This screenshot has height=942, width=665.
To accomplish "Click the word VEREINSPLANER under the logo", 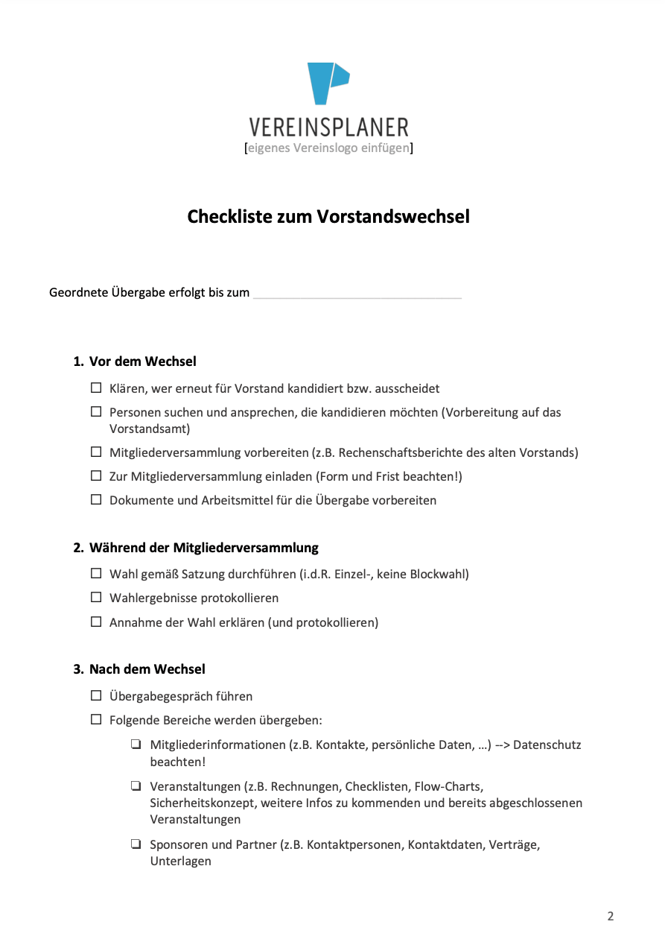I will point(328,127).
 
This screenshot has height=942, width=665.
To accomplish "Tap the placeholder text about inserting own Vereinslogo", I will point(328,148).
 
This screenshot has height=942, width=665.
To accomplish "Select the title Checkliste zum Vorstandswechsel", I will point(328,217).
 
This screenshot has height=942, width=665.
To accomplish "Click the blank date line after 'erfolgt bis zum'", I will point(357,294).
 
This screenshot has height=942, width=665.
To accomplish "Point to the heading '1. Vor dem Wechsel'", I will point(135,361).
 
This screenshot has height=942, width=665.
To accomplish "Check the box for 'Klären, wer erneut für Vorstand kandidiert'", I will point(96,388).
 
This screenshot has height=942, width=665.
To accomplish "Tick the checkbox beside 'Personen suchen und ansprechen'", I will point(96,412).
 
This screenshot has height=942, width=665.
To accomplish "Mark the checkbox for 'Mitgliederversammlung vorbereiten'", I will point(96,452).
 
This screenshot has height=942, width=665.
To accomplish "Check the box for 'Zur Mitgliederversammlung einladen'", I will point(96,476).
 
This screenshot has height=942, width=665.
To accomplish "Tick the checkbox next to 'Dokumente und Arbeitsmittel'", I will point(96,500).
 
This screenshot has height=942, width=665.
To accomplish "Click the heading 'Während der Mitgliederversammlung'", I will point(203,548).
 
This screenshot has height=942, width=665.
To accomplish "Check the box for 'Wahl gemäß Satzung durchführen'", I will point(96,574).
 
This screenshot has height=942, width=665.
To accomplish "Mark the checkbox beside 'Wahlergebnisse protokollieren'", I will point(96,598).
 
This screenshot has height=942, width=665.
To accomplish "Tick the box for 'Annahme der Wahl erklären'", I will point(96,622).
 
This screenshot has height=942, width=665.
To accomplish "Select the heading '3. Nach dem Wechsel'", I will point(139,669).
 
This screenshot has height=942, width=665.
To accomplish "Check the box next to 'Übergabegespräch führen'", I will point(96,696).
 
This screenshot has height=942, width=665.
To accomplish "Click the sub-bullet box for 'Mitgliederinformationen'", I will point(136,745).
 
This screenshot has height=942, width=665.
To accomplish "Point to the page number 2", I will point(611,917).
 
